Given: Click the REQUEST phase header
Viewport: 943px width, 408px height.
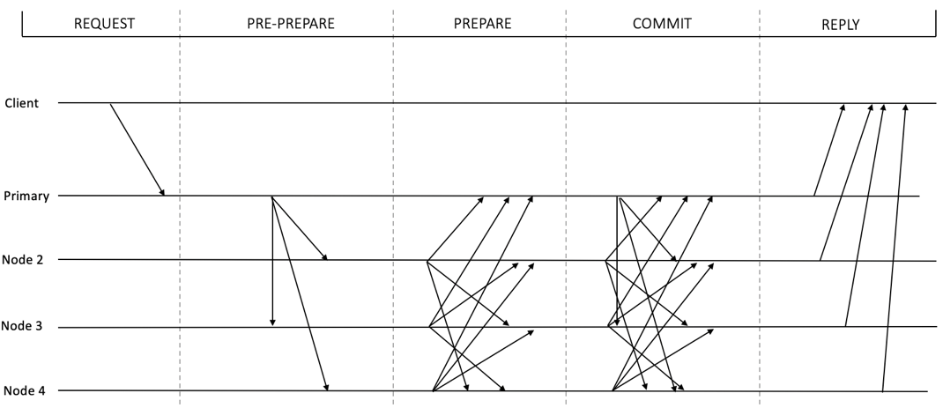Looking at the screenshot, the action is click(104, 24).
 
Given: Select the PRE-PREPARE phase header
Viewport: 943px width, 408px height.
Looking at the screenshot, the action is click(291, 24).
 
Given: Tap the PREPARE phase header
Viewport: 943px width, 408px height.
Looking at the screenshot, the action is click(482, 24).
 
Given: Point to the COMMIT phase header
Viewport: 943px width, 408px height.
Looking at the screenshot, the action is click(662, 24).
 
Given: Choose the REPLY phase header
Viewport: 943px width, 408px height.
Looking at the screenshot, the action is click(841, 25).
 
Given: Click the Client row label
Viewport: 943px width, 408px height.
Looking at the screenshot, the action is click(22, 103).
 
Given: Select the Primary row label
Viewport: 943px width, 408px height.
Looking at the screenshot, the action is click(26, 197).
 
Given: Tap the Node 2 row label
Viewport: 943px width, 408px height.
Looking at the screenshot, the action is click(24, 260).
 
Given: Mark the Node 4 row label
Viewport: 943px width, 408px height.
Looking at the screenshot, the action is click(24, 390).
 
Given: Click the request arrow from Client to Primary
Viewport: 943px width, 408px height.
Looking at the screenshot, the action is click(137, 149).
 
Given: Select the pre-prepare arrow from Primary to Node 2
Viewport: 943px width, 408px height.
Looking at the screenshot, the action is click(300, 228).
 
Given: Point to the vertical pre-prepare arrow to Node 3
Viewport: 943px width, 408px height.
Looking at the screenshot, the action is click(271, 261).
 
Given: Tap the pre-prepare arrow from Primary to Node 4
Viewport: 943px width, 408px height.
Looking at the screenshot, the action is click(300, 293).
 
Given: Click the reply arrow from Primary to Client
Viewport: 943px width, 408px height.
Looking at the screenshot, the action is click(828, 150).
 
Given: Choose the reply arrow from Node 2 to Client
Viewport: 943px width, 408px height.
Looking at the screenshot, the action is click(845, 182).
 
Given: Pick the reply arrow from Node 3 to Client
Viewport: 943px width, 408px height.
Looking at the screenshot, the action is click(865, 215).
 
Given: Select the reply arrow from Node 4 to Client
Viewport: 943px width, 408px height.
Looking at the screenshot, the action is click(894, 248).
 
